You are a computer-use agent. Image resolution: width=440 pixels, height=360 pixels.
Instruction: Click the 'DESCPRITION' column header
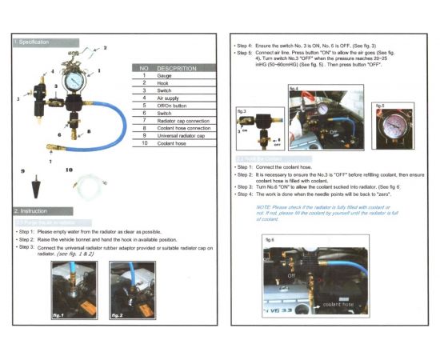(178, 68)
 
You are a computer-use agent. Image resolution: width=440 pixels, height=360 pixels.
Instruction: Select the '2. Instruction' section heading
(32, 211)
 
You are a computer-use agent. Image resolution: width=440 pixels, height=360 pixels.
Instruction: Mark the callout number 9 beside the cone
(23, 171)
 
